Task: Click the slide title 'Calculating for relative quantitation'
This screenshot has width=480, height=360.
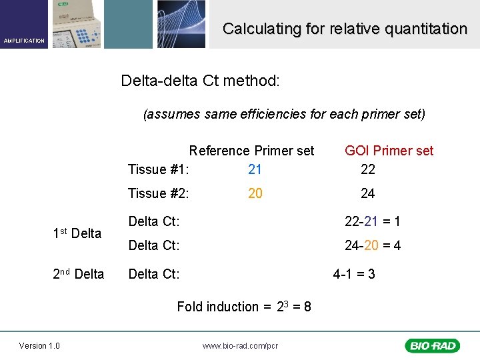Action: (x=345, y=29)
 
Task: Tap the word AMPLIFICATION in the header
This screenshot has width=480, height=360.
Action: (x=24, y=41)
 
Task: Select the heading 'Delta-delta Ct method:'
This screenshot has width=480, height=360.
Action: (x=201, y=81)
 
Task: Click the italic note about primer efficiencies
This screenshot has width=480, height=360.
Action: (x=284, y=114)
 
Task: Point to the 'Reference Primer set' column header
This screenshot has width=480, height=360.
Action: (x=251, y=151)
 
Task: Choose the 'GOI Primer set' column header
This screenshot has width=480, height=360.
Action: (x=389, y=151)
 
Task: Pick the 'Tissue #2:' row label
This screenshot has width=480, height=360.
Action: (x=159, y=193)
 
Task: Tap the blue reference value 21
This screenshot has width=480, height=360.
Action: (x=255, y=169)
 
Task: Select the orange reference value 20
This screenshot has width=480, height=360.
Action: (x=255, y=193)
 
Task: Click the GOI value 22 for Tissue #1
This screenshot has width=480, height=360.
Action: (x=367, y=169)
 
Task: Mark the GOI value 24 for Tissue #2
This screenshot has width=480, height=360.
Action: (x=367, y=193)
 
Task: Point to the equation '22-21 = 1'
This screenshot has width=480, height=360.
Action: (x=372, y=221)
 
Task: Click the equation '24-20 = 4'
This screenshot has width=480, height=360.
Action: (x=372, y=245)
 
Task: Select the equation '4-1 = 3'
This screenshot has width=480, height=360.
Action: (x=353, y=274)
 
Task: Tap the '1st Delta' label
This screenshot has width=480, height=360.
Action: (x=77, y=233)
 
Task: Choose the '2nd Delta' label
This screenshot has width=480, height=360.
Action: (x=78, y=274)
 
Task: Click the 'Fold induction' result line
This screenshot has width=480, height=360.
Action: (x=244, y=307)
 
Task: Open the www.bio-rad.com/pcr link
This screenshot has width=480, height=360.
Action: (x=240, y=346)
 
